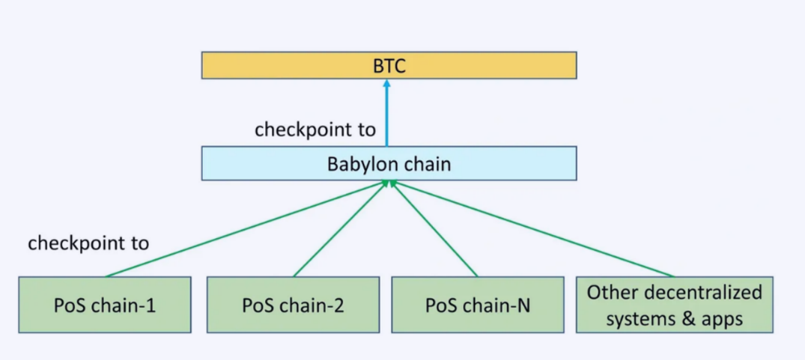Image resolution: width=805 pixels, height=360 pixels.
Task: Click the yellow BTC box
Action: pyautogui.click(x=389, y=65)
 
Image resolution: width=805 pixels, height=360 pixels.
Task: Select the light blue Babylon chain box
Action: pyautogui.click(x=389, y=164)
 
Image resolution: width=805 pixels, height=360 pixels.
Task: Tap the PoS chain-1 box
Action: pyautogui.click(x=105, y=305)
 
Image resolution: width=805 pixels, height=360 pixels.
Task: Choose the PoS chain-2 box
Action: pyautogui.click(x=293, y=305)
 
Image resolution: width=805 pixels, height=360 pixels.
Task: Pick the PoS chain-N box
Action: pyautogui.click(x=478, y=305)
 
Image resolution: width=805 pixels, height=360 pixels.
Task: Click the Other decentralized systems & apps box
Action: pyautogui.click(x=675, y=305)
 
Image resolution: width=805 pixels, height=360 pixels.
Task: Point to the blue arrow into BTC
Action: pyautogui.click(x=387, y=113)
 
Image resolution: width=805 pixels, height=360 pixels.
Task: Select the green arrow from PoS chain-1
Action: pyautogui.click(x=246, y=229)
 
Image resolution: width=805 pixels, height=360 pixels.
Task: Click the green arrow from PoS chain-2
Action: pyautogui.click(x=340, y=229)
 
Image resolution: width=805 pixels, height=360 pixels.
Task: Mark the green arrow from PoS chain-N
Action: pyautogui.click(x=434, y=229)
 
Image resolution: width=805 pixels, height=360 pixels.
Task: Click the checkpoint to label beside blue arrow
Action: pyautogui.click(x=315, y=129)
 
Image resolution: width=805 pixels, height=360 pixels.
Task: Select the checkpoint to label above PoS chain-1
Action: pyautogui.click(x=88, y=242)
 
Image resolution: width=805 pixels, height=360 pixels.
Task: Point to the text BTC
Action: pyautogui.click(x=389, y=66)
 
